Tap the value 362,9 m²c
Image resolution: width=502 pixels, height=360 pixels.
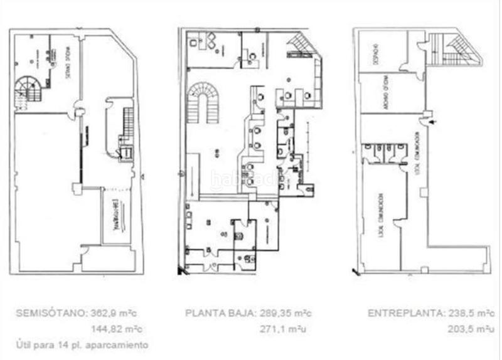118,313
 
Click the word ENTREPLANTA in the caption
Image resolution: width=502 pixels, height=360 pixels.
395,313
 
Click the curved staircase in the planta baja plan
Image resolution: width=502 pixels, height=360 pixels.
205,101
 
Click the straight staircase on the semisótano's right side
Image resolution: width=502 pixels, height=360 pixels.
128,125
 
